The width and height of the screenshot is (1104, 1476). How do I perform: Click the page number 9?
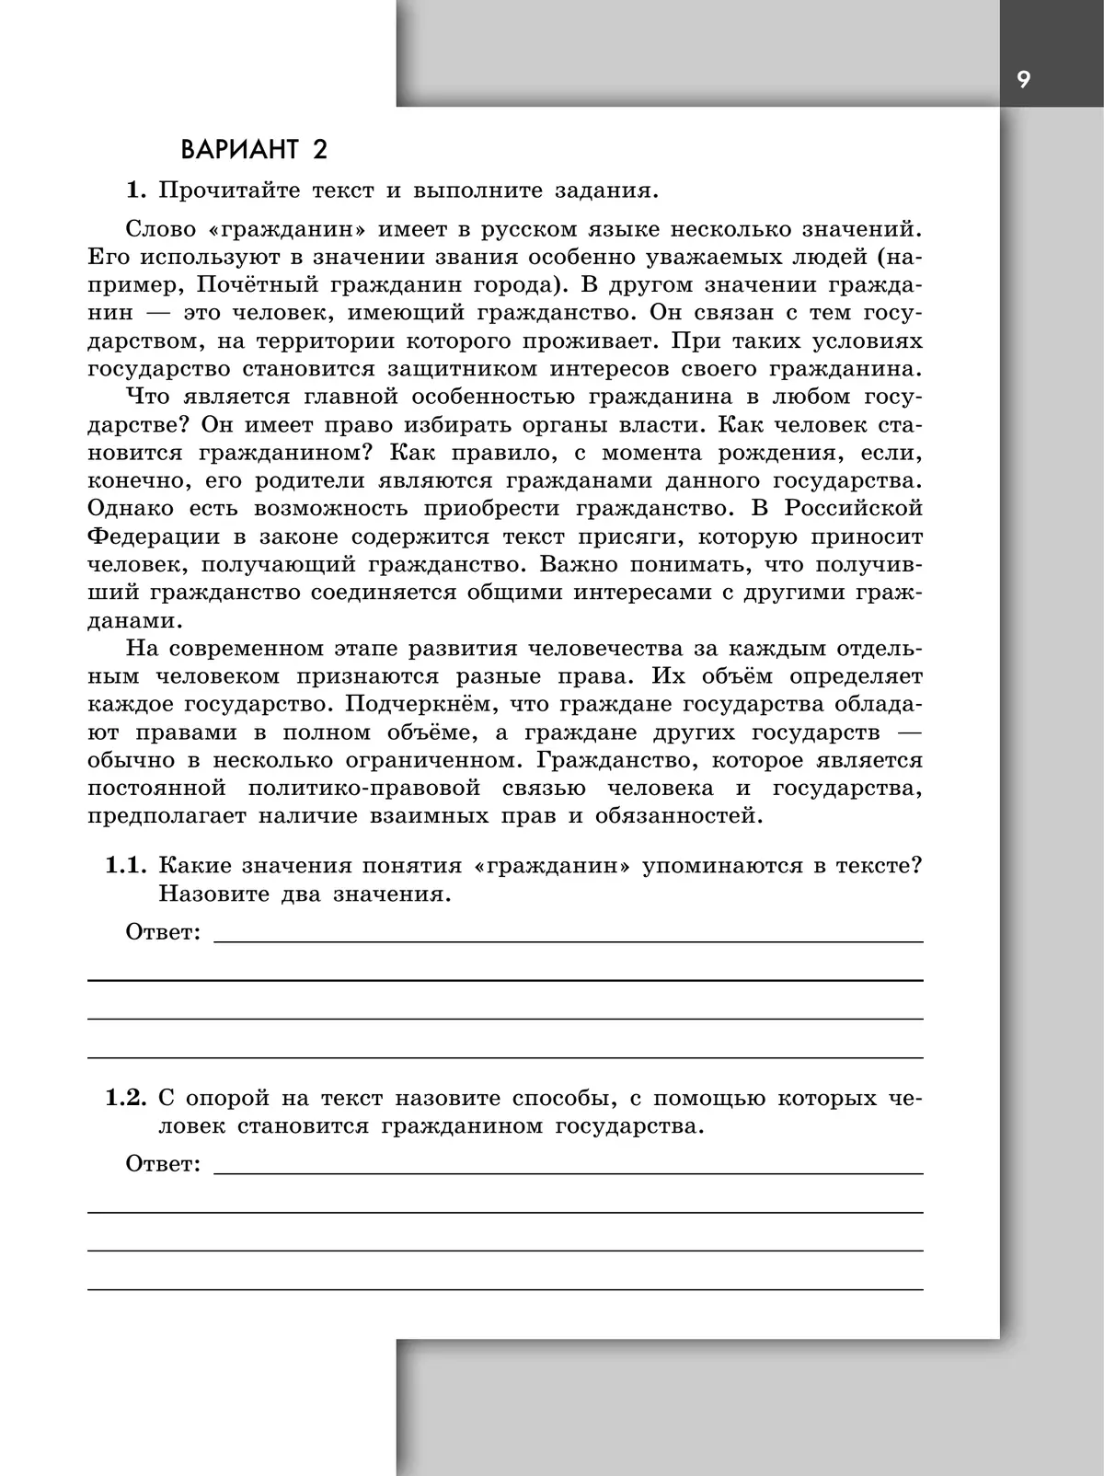coord(1024,80)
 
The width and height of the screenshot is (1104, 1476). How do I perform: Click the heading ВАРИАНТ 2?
coord(253,149)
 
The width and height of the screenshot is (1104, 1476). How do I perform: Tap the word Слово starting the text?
coord(157,228)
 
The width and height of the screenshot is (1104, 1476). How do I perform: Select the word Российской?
coord(852,509)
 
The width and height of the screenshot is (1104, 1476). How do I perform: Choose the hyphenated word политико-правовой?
coord(364,790)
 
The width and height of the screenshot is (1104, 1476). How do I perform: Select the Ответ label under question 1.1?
coord(162,932)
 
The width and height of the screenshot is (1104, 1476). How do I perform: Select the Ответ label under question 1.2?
coord(162,1164)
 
